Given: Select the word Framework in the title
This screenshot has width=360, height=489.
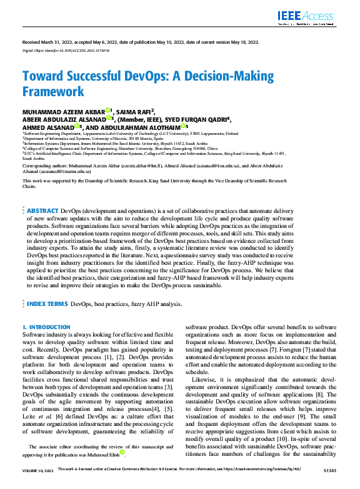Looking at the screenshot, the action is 53,92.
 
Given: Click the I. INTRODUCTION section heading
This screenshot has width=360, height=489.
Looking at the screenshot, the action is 46,327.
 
